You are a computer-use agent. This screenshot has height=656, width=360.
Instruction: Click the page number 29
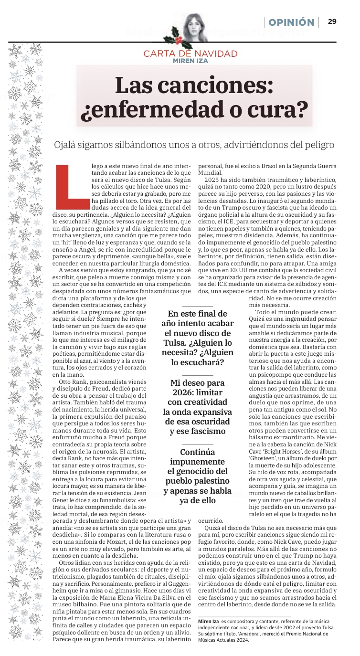[x=332, y=21]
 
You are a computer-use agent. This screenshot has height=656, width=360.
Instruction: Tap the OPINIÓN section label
[x=291, y=22]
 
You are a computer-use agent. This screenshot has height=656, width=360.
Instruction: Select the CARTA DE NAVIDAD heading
[x=190, y=53]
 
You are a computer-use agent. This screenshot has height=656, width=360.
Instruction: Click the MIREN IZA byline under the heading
[x=191, y=61]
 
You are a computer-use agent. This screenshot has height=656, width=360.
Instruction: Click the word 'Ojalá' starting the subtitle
[x=67, y=144]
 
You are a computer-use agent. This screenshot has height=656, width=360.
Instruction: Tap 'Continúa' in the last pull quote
[x=197, y=452]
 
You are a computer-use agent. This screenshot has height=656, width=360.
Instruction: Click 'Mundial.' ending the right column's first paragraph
[x=211, y=172]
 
